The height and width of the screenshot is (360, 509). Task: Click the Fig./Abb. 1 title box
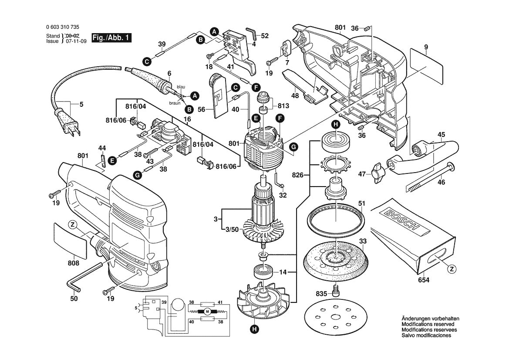[x=111, y=38]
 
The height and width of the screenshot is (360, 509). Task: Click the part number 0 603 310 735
[x=62, y=27]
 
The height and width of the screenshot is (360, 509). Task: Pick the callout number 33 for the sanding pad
[x=362, y=241]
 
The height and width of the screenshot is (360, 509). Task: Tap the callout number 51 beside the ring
[x=361, y=203]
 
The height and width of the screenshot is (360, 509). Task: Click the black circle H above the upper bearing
[x=335, y=125]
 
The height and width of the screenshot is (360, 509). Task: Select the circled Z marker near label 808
[x=72, y=225]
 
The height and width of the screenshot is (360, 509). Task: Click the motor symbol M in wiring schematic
[x=207, y=311]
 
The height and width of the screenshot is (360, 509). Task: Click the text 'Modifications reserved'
[x=428, y=324]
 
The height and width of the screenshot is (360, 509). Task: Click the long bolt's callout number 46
[x=441, y=182]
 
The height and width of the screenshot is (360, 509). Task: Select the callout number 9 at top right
[x=426, y=47]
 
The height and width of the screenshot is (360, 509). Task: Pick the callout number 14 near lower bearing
[x=283, y=272]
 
